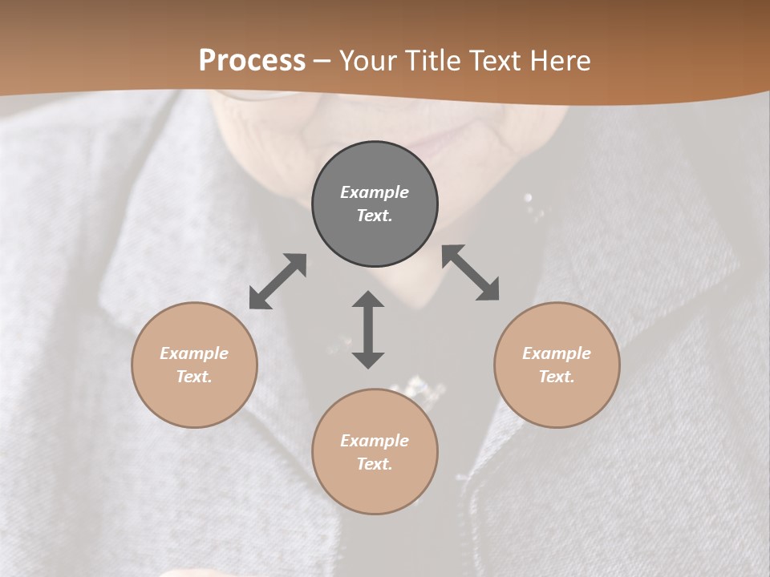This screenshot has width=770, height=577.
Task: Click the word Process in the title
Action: (x=252, y=61)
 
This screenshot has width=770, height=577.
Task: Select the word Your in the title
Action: (x=369, y=61)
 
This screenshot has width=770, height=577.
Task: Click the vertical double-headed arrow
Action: (x=368, y=329)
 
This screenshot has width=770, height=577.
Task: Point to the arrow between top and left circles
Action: (x=278, y=281)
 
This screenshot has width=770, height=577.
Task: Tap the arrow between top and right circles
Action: (x=471, y=272)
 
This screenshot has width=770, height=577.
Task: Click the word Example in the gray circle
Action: (x=375, y=192)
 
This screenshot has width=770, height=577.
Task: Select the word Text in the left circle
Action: (x=194, y=377)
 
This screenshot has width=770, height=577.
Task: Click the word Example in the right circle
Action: (x=557, y=353)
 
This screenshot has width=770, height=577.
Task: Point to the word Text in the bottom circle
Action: (x=375, y=464)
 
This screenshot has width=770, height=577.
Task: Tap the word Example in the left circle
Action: (x=194, y=353)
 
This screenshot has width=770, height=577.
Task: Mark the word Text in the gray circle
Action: (x=375, y=216)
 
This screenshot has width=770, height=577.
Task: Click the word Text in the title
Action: (x=494, y=61)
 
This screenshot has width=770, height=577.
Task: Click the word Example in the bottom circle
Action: (x=375, y=441)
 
